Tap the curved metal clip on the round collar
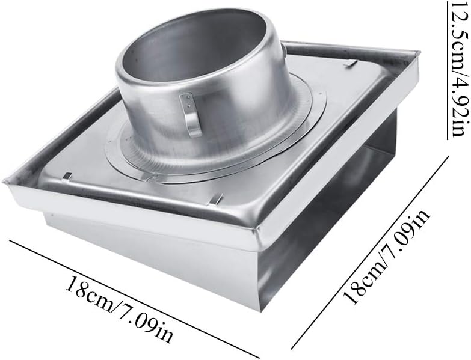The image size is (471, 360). [x=192, y=114]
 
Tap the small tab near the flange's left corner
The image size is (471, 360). [x=67, y=176]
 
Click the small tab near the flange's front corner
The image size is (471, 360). [x=215, y=198]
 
